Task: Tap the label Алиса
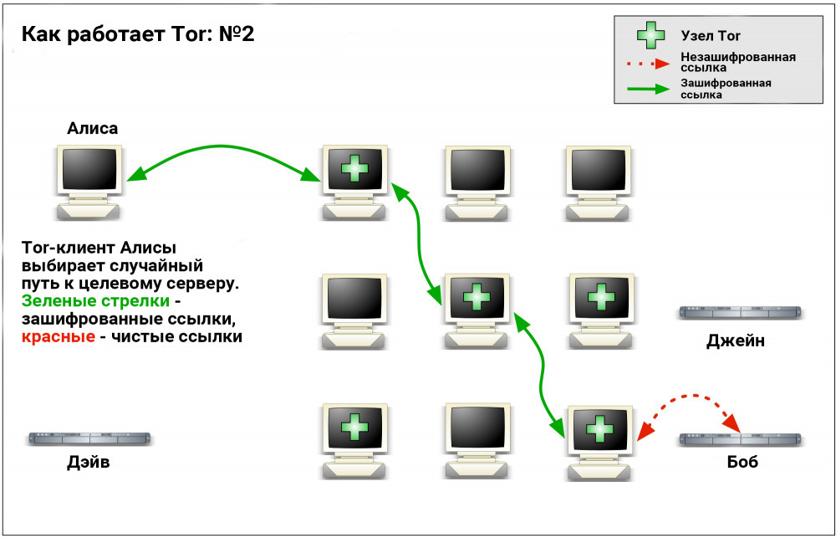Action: tap(92, 128)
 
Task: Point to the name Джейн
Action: tap(735, 341)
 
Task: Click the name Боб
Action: tap(742, 462)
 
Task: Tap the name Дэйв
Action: tap(88, 462)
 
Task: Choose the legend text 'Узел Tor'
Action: tap(711, 36)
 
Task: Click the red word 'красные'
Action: tap(52, 337)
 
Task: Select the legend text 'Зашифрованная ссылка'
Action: tap(724, 89)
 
